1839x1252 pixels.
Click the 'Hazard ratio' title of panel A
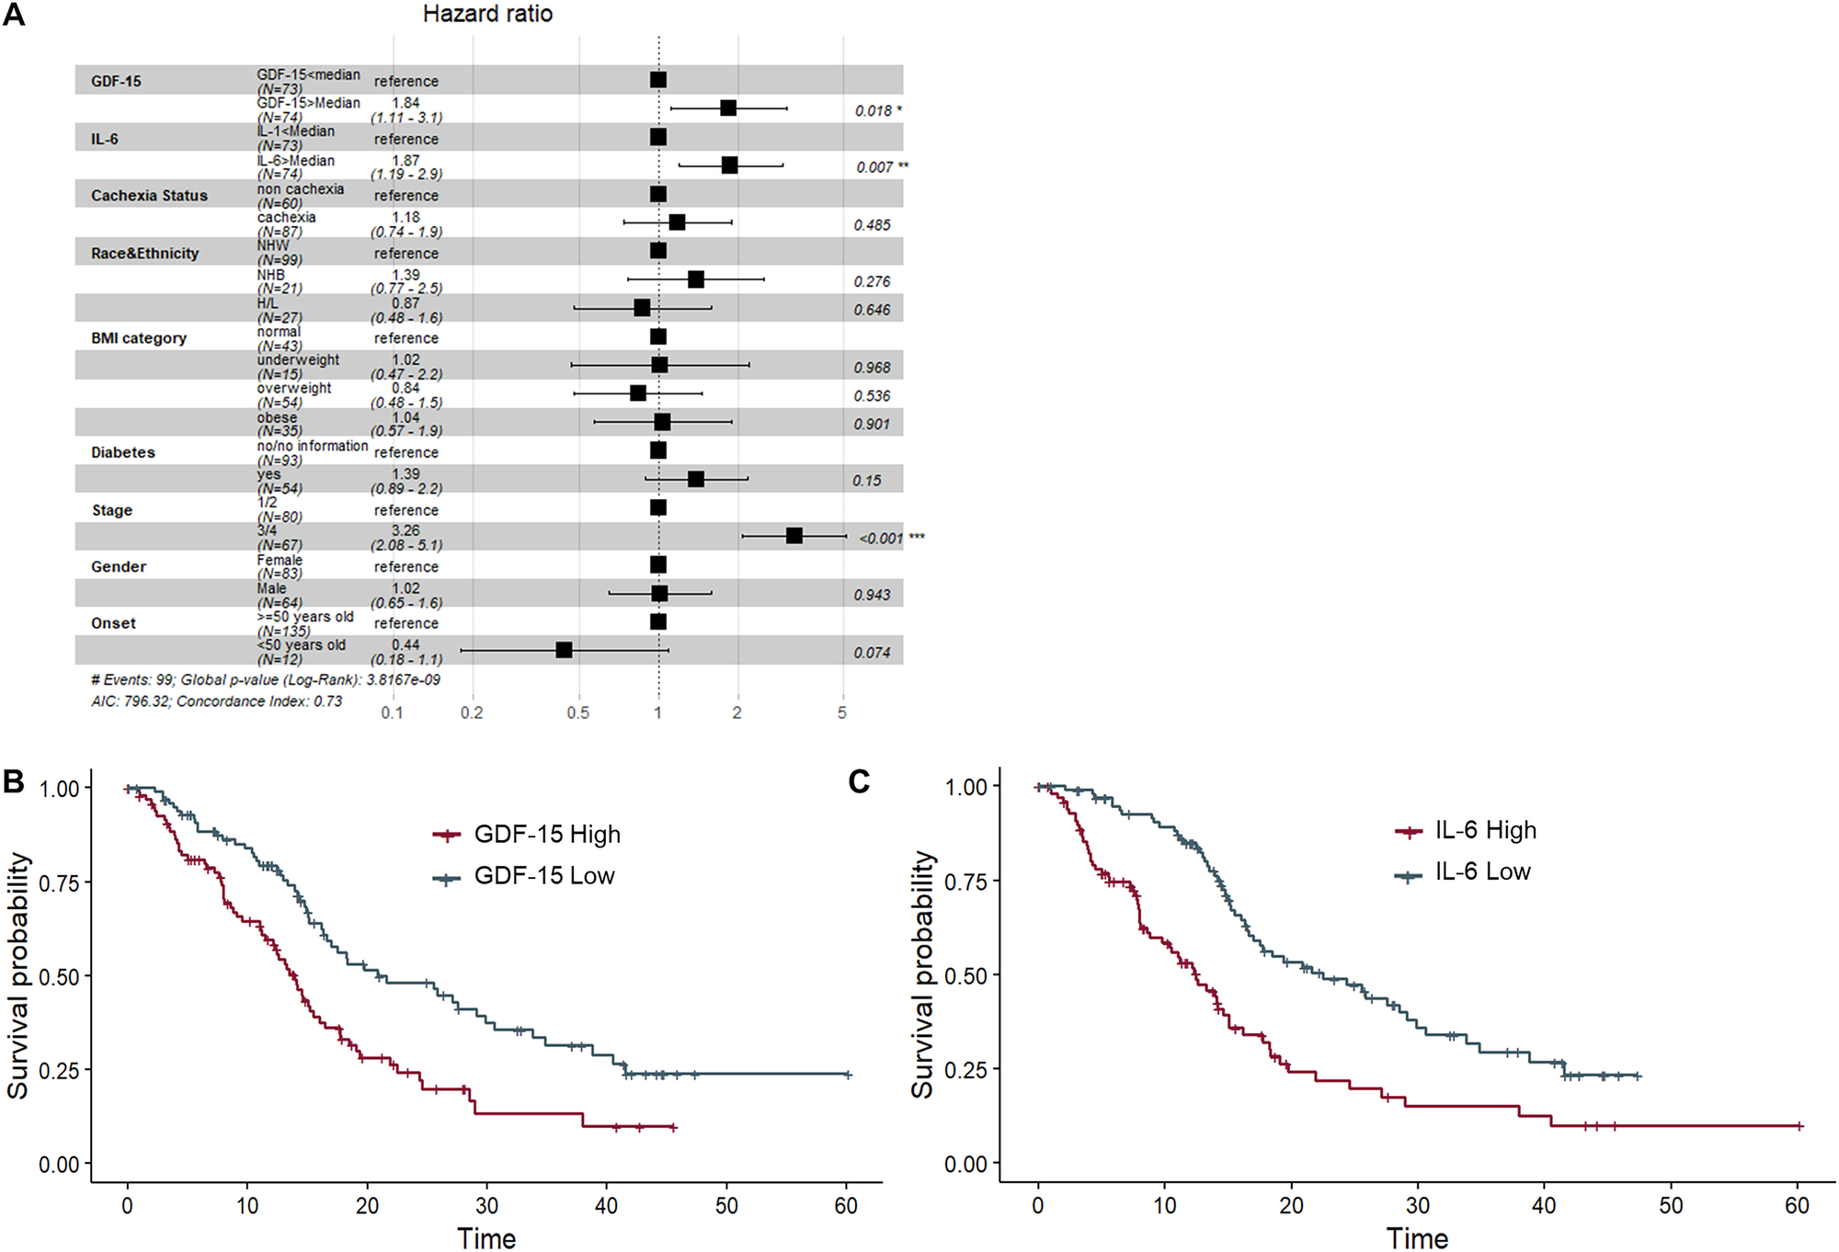coord(487,14)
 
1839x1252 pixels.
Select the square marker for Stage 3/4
coord(794,535)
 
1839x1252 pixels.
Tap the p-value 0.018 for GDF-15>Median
coord(874,110)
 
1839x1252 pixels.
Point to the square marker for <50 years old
coord(565,650)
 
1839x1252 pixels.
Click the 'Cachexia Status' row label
coord(149,196)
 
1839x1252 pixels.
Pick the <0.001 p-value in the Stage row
coord(881,538)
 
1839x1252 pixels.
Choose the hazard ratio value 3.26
coord(405,530)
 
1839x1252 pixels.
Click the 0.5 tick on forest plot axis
coord(578,712)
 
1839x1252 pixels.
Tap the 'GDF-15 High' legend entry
coord(546,834)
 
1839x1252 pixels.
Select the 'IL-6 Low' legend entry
coord(1482,871)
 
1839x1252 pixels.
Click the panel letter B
coord(14,781)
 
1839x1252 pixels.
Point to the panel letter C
coord(859,781)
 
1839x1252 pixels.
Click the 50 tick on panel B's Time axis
coord(726,1205)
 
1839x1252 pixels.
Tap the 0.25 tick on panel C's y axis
coord(965,1070)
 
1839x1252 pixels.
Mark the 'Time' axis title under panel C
coord(1417,1237)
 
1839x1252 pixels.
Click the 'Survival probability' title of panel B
coord(18,974)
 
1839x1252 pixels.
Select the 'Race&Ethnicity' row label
coord(144,253)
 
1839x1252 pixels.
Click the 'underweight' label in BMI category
coord(298,359)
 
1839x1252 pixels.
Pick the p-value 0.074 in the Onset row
coord(872,653)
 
